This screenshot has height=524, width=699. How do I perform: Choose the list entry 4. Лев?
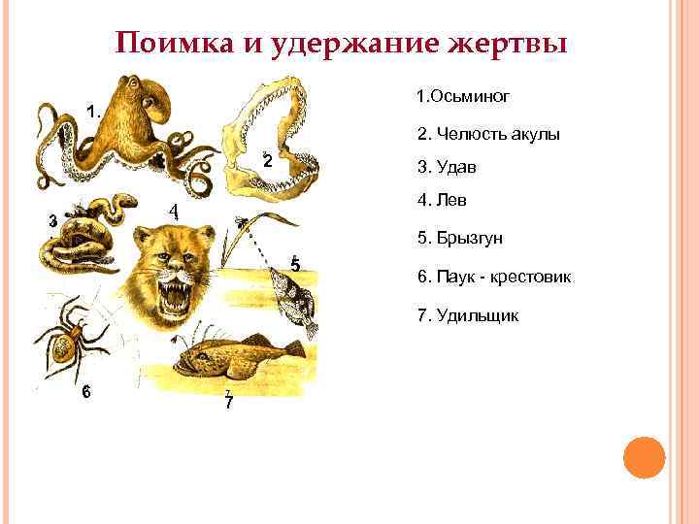click(x=442, y=202)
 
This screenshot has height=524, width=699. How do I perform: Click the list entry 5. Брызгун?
click(x=460, y=239)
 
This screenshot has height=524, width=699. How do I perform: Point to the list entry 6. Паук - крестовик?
click(x=495, y=278)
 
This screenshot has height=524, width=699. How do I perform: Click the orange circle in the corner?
click(x=644, y=457)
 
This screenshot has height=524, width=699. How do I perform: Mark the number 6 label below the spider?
click(x=86, y=392)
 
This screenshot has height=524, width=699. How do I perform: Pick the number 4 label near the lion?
click(x=172, y=212)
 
